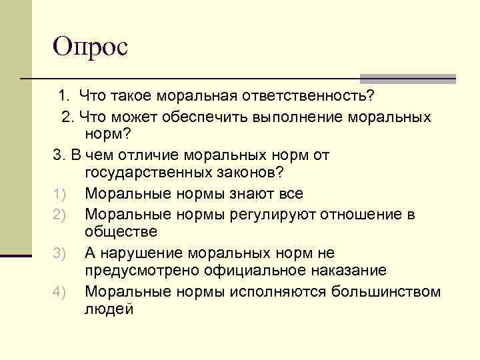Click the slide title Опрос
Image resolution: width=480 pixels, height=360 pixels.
[x=91, y=46]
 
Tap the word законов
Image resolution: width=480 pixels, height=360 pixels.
[x=247, y=174]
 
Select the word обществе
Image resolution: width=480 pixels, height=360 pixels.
[x=121, y=232]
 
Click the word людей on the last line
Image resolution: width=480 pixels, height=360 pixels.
[x=109, y=310]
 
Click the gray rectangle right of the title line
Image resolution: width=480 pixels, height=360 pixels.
[x=407, y=78]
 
